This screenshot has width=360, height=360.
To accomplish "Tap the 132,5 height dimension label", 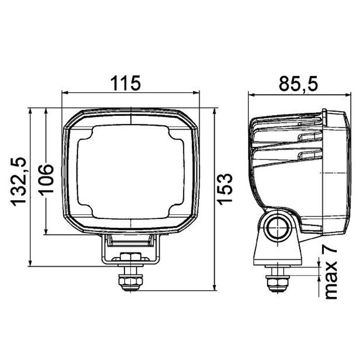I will [19, 181].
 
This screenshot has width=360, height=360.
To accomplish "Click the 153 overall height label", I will [225, 188].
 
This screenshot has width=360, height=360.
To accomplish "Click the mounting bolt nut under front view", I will [131, 283].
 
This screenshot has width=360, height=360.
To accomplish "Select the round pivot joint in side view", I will [277, 228].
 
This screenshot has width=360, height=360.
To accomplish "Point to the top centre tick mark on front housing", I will [131, 118].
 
